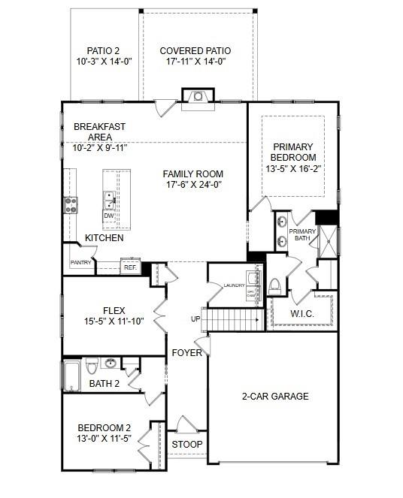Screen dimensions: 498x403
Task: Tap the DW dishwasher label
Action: pos(109,216)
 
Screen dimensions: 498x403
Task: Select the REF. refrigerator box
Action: pos(129,267)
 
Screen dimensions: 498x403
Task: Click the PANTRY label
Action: pos(80,263)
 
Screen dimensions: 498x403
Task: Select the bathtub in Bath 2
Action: pos(71,375)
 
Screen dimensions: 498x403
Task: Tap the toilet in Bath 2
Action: pos(92,367)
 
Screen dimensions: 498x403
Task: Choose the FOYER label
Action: pos(186,352)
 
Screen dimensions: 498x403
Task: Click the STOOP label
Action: pos(186,445)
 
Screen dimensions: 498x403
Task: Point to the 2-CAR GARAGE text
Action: pos(274,397)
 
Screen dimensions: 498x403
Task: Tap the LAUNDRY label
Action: pos(235,285)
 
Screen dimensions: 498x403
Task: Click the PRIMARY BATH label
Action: pos(302,235)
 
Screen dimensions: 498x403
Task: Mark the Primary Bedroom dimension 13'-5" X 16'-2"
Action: pos(294,170)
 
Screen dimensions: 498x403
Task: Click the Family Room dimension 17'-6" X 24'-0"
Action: pos(192,185)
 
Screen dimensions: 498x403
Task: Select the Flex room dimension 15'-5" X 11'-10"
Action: pos(114,321)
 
